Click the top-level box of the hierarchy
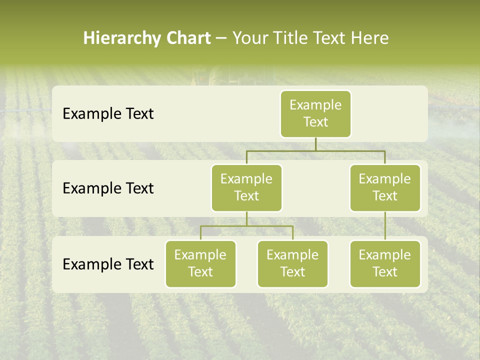(x=315, y=114)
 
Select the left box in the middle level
(x=246, y=187)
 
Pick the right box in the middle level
(x=385, y=187)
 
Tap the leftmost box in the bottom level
(x=200, y=263)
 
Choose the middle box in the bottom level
(x=292, y=263)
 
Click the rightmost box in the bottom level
(x=385, y=263)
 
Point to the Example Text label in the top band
(x=108, y=114)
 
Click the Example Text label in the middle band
(x=108, y=188)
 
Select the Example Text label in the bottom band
(x=108, y=264)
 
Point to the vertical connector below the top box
(x=315, y=144)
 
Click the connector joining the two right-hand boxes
(x=385, y=226)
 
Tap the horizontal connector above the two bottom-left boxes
(x=246, y=226)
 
